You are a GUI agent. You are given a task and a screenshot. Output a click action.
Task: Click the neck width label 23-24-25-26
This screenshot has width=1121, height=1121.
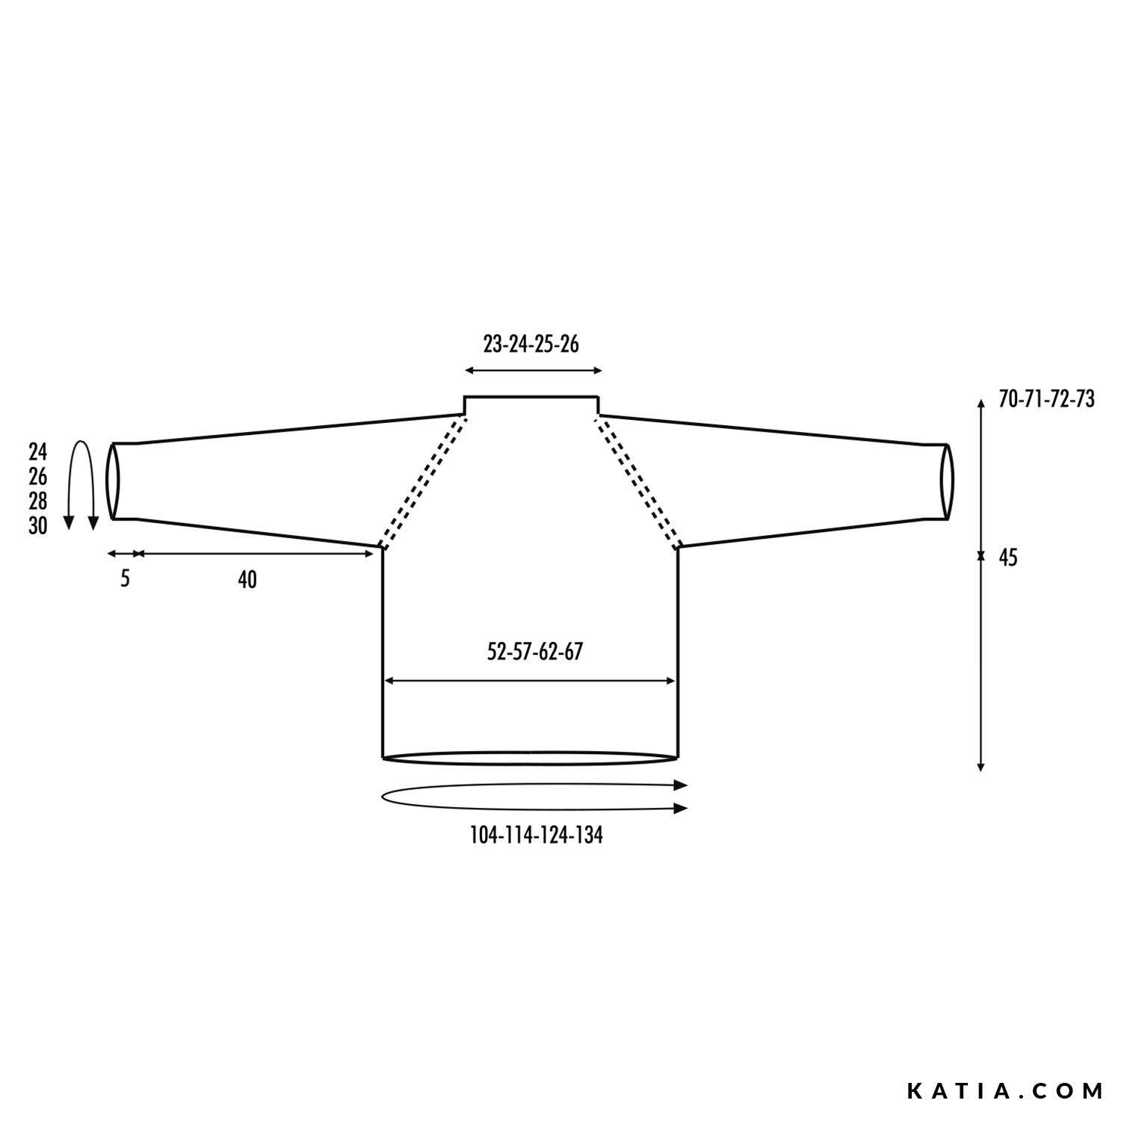[531, 344]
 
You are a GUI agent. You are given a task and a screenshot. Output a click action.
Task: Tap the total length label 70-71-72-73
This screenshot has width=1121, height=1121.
[1046, 400]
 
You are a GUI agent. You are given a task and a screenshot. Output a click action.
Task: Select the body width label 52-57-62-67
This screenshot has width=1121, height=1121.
[534, 652]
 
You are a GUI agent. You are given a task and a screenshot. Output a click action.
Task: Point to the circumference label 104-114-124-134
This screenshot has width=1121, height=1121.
[536, 836]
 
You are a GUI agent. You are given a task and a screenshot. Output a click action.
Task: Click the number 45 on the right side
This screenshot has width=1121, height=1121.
[1008, 558]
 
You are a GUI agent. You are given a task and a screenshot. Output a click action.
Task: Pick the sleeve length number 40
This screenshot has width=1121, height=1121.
[247, 579]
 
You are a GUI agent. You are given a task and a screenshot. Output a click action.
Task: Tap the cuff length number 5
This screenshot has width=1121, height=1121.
[125, 578]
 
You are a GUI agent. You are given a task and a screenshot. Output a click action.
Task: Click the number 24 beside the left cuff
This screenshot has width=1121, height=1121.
[37, 452]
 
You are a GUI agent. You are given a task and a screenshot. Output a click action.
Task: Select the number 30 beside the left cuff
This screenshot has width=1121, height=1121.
[37, 526]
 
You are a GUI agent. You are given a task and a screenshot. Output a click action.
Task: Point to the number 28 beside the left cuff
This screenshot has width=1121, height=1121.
[37, 501]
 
